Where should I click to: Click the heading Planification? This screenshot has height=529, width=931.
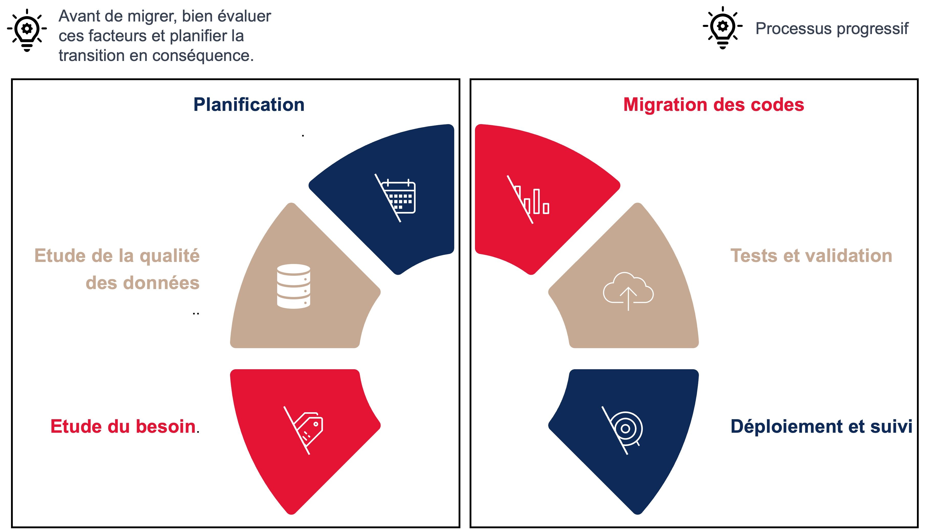249,105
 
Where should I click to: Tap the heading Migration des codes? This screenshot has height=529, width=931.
713,105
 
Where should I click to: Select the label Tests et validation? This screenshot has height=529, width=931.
811,256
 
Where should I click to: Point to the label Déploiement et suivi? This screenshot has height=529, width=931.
821,427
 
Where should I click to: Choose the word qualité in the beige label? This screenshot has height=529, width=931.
170,256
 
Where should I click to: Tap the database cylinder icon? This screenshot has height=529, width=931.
293,286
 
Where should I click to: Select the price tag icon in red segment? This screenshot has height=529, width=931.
304,430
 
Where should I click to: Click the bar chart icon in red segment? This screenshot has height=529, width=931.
528,199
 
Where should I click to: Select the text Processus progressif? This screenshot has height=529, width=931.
832,28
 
